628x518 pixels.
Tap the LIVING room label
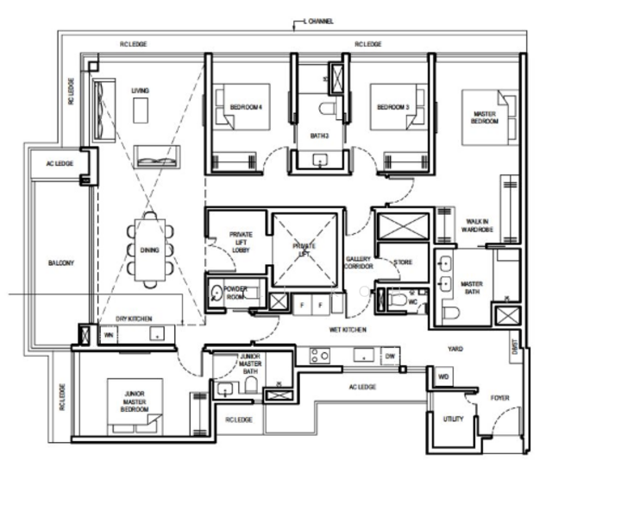pyautogui.click(x=140, y=90)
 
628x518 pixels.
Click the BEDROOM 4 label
pyautogui.click(x=246, y=107)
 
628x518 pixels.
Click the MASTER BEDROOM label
pyautogui.click(x=485, y=118)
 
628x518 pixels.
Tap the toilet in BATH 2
pyautogui.click(x=326, y=108)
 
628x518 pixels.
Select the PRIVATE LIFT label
pyautogui.click(x=305, y=250)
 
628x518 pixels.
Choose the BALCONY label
pyautogui.click(x=61, y=263)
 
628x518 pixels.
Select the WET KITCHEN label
pyautogui.click(x=348, y=330)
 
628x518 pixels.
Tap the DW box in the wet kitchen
pyautogui.click(x=390, y=355)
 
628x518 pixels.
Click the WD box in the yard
pyautogui.click(x=443, y=377)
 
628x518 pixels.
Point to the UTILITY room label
pyautogui.click(x=452, y=420)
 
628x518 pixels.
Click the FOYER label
pyautogui.click(x=500, y=398)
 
